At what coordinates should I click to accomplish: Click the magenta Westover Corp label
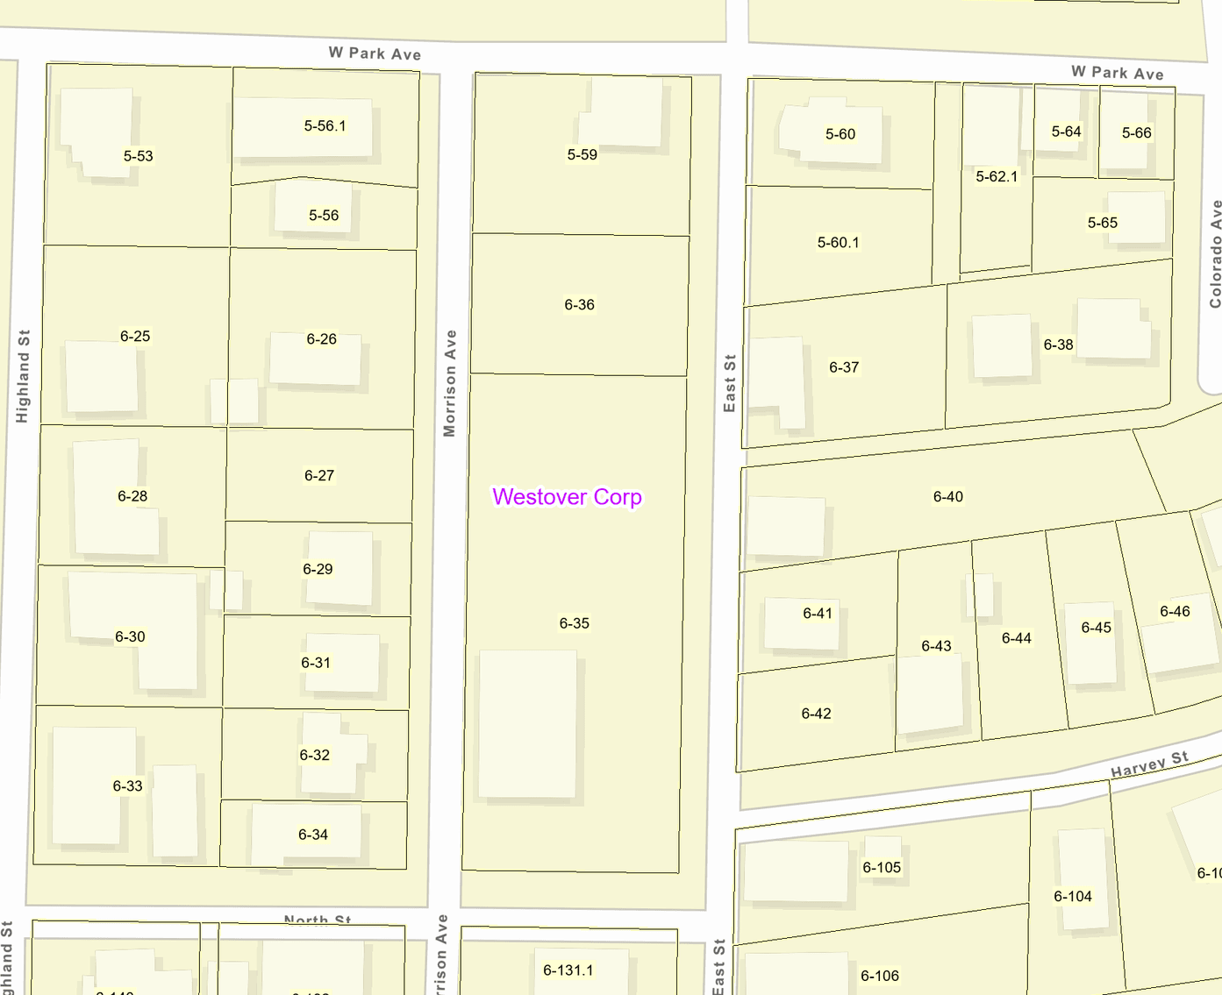click(x=567, y=497)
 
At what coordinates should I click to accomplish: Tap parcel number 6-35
click(x=575, y=623)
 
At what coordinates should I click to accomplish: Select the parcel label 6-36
click(x=579, y=305)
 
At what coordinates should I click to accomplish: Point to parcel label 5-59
click(x=582, y=155)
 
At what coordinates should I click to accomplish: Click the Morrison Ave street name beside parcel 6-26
click(x=450, y=383)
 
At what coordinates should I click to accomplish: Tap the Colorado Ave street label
click(x=1215, y=254)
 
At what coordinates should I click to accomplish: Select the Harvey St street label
click(x=1149, y=764)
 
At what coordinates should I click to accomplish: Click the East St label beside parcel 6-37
click(x=730, y=383)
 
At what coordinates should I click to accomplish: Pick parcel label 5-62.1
click(x=997, y=177)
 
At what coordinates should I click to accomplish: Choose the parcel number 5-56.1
click(x=325, y=126)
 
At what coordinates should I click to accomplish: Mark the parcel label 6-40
click(x=947, y=497)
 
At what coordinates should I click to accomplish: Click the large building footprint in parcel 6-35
click(x=527, y=724)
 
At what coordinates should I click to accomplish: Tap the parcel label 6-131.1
click(x=568, y=970)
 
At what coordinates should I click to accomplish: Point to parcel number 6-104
click(x=1072, y=897)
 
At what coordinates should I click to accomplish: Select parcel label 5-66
click(x=1136, y=133)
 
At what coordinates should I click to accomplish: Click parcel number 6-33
click(x=127, y=786)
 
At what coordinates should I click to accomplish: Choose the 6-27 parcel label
click(x=318, y=476)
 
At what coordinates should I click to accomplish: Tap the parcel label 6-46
click(x=1175, y=612)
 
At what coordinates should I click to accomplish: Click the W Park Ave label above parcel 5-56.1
click(x=375, y=53)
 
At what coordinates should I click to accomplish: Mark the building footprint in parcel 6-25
click(x=101, y=377)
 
